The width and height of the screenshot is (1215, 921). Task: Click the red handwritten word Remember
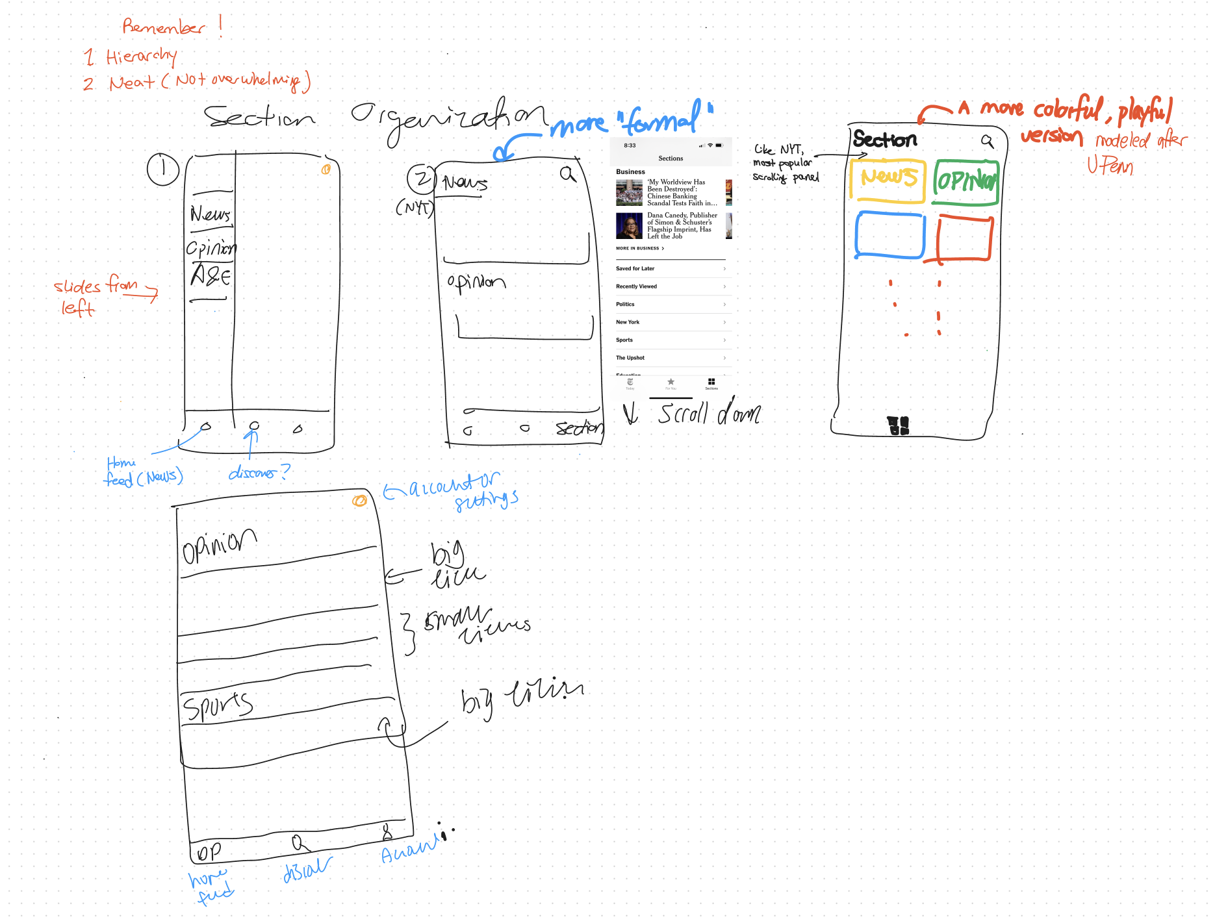164,27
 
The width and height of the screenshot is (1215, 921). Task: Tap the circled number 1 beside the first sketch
162,169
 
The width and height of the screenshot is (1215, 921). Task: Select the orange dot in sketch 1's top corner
326,170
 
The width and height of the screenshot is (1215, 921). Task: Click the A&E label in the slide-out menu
210,276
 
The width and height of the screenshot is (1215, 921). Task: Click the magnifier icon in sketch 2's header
568,174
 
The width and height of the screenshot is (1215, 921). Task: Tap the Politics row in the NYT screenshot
670,304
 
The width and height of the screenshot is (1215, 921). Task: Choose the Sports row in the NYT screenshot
670,340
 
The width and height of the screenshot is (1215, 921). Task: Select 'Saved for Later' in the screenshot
670,268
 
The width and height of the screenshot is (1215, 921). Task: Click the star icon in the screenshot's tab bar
671,382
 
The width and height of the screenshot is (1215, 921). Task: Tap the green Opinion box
966,182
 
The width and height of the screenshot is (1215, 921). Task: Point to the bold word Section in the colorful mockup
884,139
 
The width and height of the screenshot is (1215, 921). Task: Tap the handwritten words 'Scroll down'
708,414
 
